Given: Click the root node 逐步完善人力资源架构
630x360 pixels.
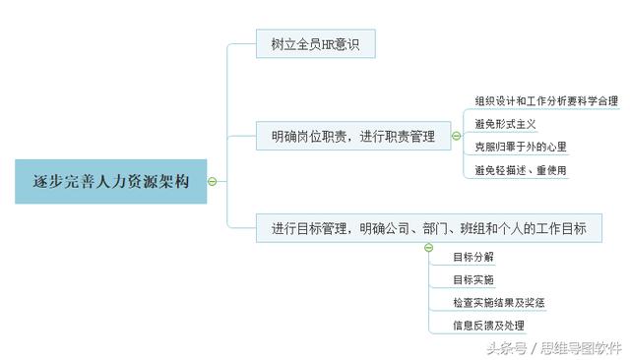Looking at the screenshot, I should tap(110, 181).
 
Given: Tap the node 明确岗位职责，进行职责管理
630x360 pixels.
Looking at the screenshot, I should tap(351, 137).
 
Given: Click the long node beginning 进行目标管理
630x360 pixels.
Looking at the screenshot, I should tap(428, 229).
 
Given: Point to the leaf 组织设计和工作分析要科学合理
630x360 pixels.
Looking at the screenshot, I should tap(546, 101).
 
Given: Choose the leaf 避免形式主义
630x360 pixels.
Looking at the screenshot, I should tap(505, 124).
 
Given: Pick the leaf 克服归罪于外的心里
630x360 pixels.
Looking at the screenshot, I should tap(520, 147).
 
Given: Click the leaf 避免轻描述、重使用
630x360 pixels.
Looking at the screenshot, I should tap(520, 170).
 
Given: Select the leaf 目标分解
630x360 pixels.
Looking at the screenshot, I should tap(473, 257).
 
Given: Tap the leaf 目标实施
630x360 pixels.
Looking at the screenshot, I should tap(473, 279).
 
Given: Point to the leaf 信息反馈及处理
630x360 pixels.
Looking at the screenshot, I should tap(488, 326).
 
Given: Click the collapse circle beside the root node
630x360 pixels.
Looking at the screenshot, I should tap(213, 181).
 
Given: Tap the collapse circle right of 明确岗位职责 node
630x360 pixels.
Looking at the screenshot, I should tap(456, 137).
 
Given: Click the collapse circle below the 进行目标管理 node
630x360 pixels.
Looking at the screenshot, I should tap(428, 247).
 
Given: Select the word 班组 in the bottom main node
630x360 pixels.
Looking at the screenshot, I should tap(485, 229).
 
